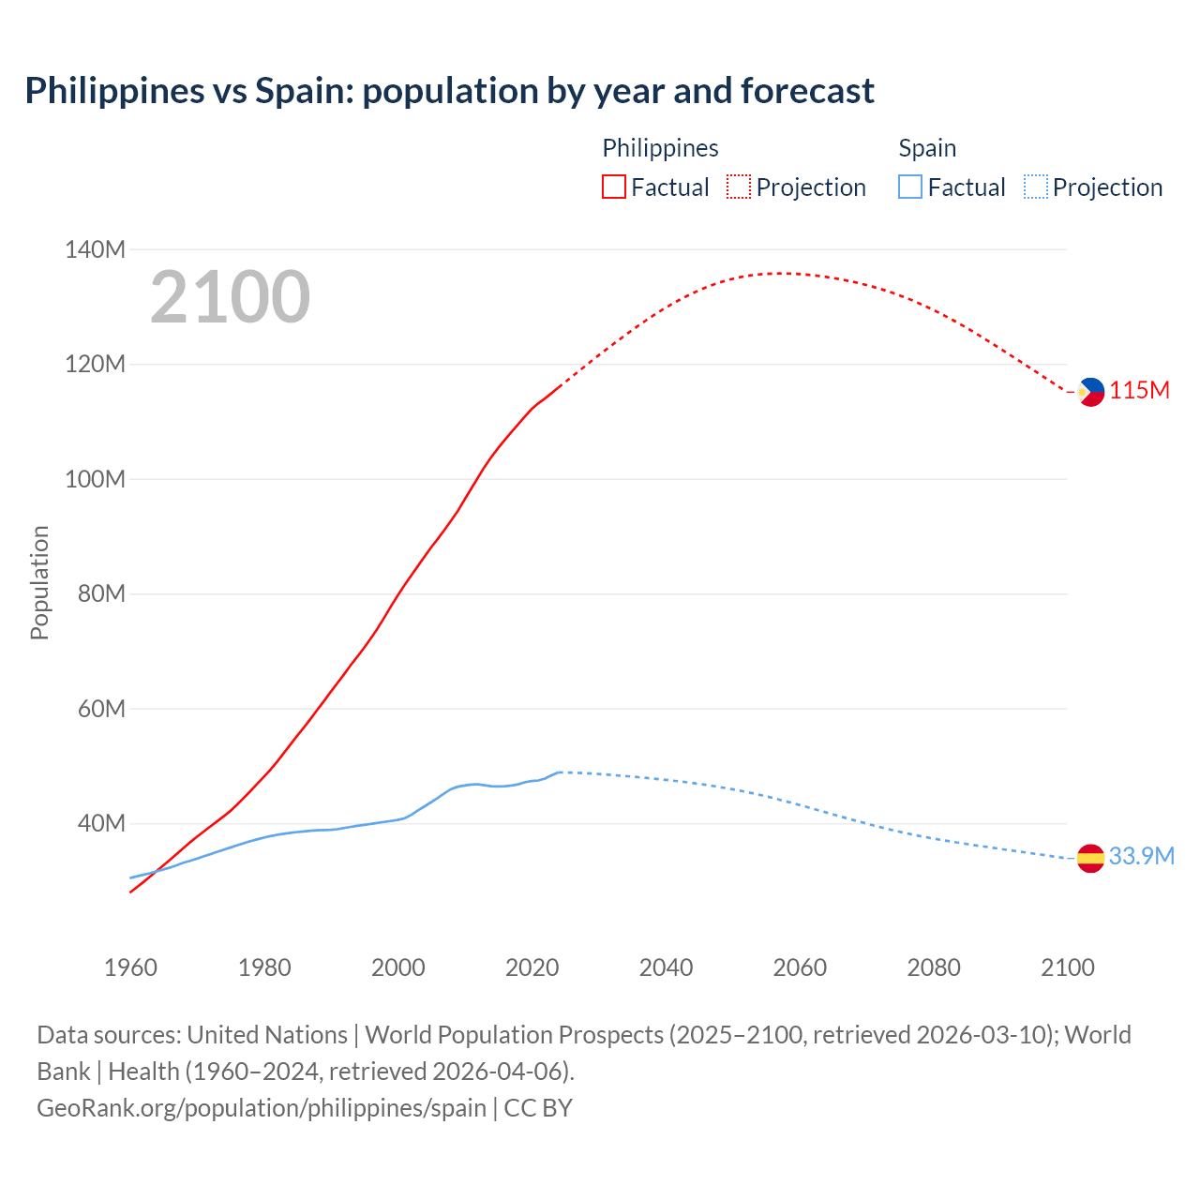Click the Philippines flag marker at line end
click(1090, 392)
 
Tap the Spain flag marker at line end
click(1090, 858)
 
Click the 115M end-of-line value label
click(1139, 391)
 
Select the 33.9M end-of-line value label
click(1141, 856)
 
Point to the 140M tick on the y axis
click(95, 249)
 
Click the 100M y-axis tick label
click(95, 479)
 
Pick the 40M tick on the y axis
click(101, 823)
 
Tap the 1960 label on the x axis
click(130, 967)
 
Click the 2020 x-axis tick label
click(532, 967)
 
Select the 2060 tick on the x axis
click(800, 967)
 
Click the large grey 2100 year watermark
click(230, 297)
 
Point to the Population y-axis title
click(39, 582)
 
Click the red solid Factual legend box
click(613, 187)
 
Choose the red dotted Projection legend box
click(739, 187)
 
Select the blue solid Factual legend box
click(909, 187)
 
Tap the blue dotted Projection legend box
click(1035, 187)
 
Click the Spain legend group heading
click(927, 148)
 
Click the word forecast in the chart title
click(807, 91)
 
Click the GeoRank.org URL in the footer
click(262, 1108)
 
